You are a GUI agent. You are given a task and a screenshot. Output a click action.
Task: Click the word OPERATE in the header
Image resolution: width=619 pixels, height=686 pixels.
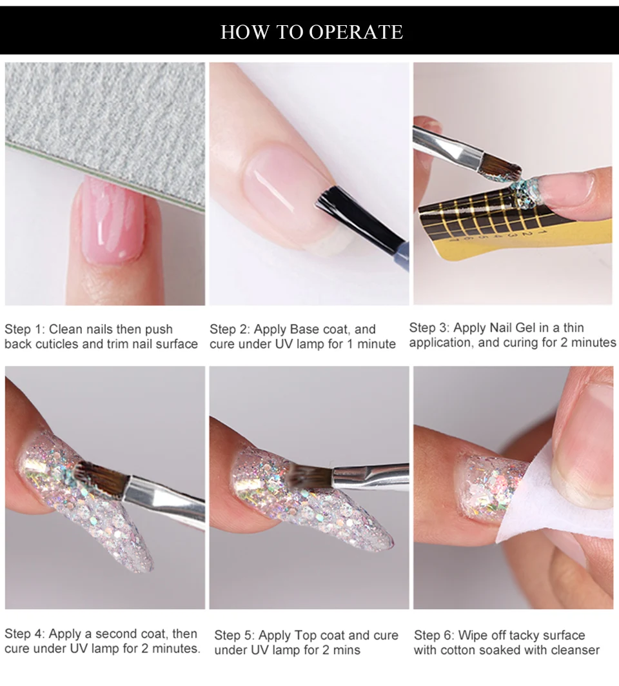(356, 32)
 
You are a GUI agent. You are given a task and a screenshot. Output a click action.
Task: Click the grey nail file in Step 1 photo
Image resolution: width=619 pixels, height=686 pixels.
(105, 131)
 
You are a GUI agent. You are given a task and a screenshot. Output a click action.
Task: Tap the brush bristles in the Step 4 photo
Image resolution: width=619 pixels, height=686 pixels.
(99, 477)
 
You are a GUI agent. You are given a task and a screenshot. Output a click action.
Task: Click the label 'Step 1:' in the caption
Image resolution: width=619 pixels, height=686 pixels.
(25, 329)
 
